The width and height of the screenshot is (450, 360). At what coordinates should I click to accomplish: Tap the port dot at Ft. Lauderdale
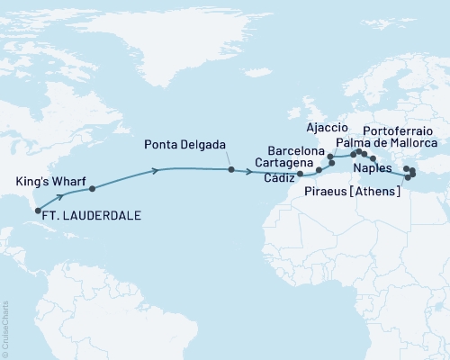tap(38, 211)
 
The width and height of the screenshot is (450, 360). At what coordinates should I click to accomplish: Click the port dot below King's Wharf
tap(92, 189)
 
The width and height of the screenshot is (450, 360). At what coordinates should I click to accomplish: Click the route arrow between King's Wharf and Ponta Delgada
tap(157, 171)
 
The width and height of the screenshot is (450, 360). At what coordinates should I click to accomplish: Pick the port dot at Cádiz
tap(301, 173)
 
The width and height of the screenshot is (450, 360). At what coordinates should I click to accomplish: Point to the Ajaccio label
tap(328, 127)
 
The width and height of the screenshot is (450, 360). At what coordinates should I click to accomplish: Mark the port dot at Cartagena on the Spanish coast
tap(319, 168)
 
